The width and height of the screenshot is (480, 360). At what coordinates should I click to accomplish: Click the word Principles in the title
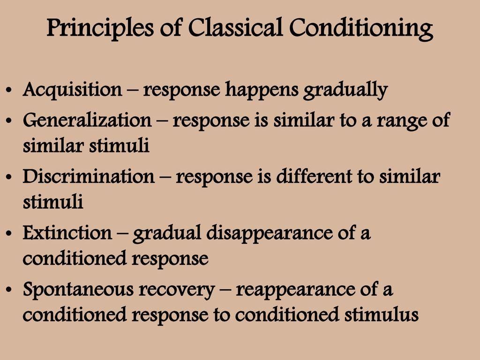[x=100, y=29]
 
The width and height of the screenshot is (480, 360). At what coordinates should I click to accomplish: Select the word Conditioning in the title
[x=361, y=29]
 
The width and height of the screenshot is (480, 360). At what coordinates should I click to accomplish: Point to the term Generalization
[x=87, y=120]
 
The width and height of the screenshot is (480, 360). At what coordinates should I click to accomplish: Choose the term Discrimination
[x=89, y=176]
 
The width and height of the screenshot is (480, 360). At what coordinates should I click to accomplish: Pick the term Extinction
[x=67, y=233]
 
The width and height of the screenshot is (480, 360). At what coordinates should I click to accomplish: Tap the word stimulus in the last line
[x=381, y=315]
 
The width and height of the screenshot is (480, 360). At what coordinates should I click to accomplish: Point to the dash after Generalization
[x=162, y=120]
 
